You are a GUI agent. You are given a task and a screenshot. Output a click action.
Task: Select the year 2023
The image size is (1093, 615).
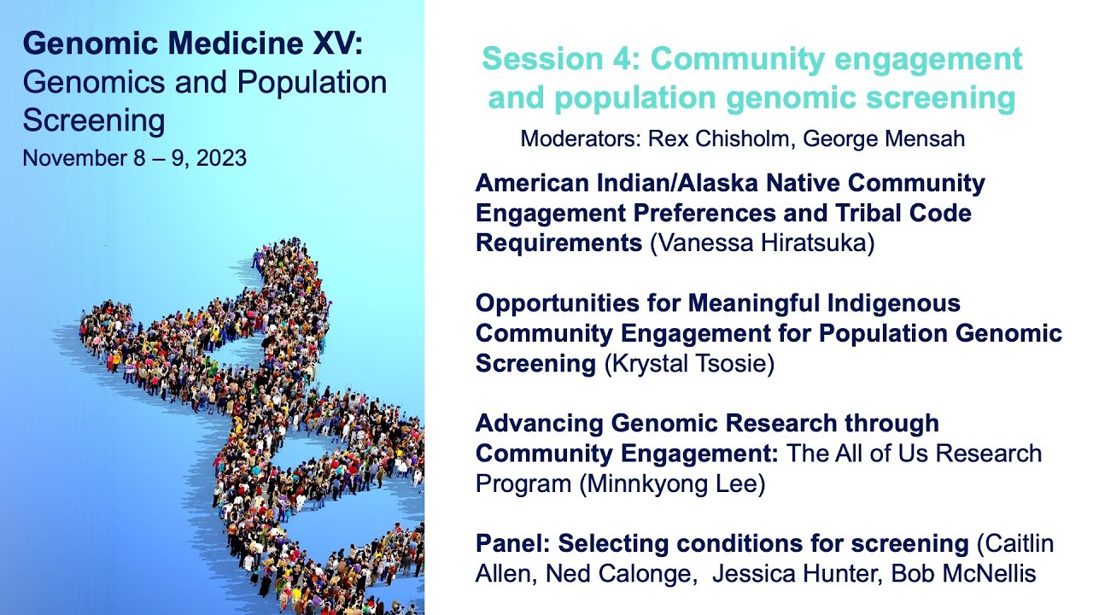tap(221, 158)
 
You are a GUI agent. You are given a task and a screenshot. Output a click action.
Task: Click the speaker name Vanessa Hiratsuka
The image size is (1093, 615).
tap(762, 243)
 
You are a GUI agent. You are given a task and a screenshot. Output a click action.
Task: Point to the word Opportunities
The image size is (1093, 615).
tap(577, 303)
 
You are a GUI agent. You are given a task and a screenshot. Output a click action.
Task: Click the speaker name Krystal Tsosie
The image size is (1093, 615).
tap(689, 364)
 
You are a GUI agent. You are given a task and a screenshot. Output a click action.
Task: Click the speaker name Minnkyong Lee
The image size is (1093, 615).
tap(671, 483)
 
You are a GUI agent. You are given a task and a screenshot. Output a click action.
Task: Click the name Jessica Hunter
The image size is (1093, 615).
tap(795, 574)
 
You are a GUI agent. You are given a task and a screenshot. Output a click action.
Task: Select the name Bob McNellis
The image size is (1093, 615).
tap(963, 574)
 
